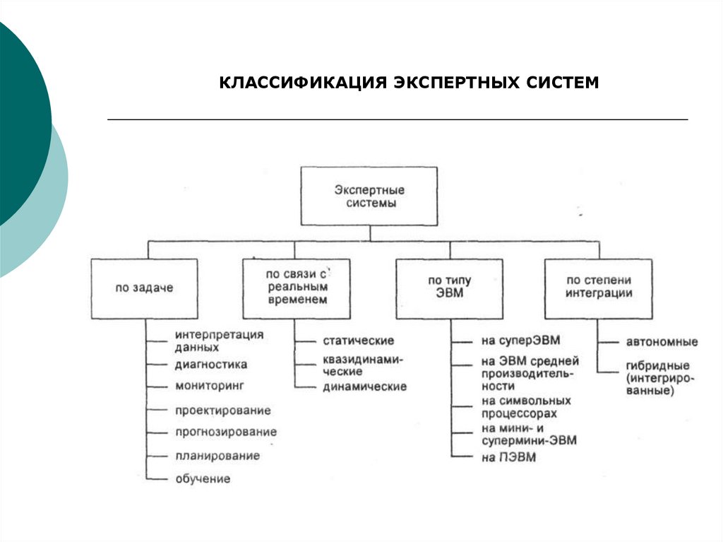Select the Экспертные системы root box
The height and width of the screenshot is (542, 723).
(x=369, y=196)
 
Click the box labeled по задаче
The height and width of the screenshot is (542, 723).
(x=145, y=288)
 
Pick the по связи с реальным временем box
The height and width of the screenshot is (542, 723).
(x=297, y=288)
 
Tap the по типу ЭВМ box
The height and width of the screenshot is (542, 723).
(x=449, y=288)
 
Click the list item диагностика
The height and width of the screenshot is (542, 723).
(x=210, y=365)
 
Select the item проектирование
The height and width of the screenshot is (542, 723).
(x=222, y=411)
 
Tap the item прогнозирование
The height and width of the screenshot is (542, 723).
(x=225, y=432)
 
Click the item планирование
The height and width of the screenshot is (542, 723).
(x=217, y=456)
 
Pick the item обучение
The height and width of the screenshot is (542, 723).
(x=203, y=479)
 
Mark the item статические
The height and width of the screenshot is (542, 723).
(x=358, y=341)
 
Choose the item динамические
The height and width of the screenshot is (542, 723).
(x=364, y=387)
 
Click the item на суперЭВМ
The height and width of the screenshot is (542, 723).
(x=520, y=341)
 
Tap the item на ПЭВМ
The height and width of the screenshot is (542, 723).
(x=508, y=457)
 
